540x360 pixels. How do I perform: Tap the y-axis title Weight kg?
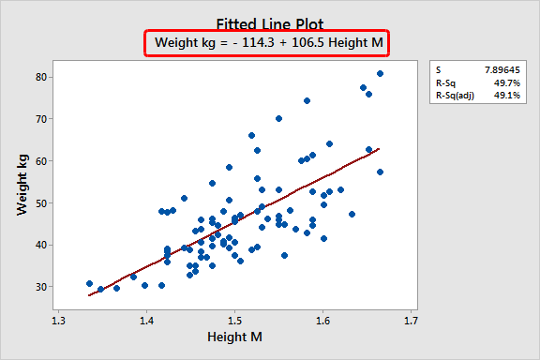[x=22, y=181]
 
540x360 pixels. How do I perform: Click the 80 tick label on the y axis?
[x=43, y=77]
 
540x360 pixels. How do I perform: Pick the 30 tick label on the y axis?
[x=43, y=287]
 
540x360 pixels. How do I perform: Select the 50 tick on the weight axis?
[x=43, y=202]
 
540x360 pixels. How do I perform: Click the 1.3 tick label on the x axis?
[x=58, y=319]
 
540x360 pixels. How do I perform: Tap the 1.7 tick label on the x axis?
[x=410, y=319]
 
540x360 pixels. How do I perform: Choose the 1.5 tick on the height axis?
[x=234, y=319]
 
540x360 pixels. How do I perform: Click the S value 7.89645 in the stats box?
[x=490, y=70]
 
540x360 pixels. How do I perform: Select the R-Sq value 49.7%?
[x=497, y=83]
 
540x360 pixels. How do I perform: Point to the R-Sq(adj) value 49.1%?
[x=497, y=97]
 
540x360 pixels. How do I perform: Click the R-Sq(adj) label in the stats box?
[x=452, y=97]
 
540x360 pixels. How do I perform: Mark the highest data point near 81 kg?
[x=380, y=73]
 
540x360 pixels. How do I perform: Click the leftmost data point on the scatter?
[x=89, y=283]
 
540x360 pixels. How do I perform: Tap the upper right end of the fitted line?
[x=380, y=148]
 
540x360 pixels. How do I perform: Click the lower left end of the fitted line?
[x=89, y=295]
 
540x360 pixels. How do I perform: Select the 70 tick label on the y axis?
[x=43, y=119]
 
